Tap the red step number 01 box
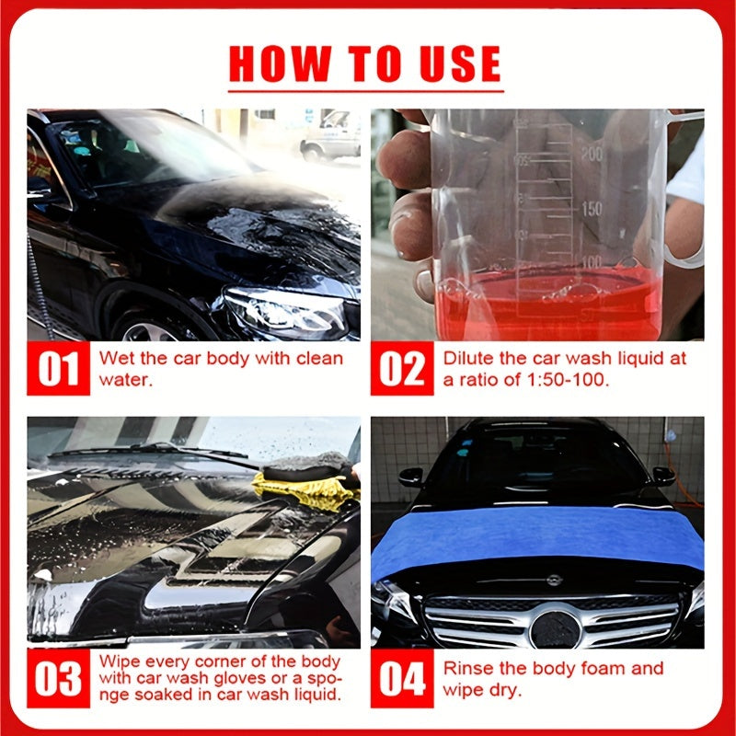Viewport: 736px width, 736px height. pos(58,369)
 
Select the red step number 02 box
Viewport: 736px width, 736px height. pos(402,369)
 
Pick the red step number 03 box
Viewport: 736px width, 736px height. pos(58,679)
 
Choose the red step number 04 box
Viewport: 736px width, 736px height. pos(402,679)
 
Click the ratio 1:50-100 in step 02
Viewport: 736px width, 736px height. pos(560,379)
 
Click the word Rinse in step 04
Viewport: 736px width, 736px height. pos(466,668)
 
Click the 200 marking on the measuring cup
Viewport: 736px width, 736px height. pos(592,154)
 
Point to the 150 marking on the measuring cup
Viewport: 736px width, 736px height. pos(592,209)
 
